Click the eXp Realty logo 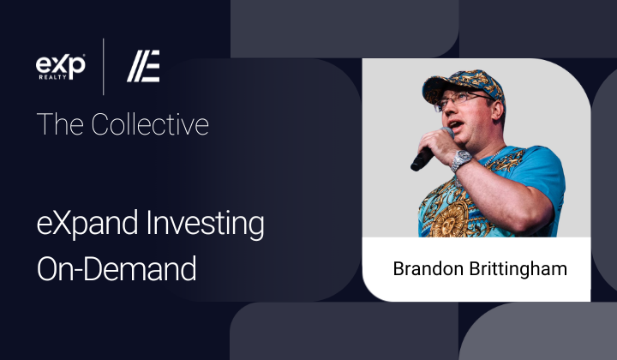click(x=60, y=67)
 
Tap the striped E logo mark click(x=143, y=66)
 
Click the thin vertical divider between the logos click(x=104, y=67)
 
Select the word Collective click(x=150, y=124)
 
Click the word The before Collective click(x=59, y=124)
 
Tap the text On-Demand click(x=117, y=268)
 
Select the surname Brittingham click(x=518, y=269)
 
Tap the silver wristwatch click(x=460, y=160)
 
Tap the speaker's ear click(x=497, y=110)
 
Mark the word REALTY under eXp click(x=53, y=77)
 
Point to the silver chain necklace click(x=493, y=158)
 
